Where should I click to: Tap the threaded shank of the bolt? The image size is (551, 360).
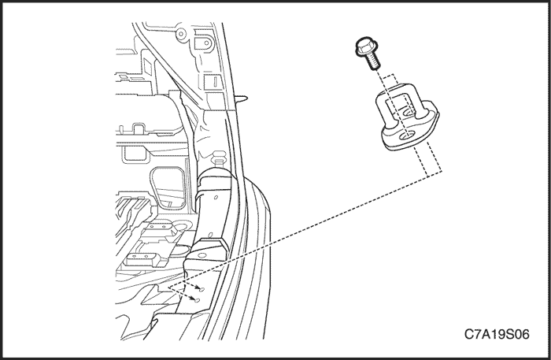[374, 62]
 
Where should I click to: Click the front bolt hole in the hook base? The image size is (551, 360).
[407, 136]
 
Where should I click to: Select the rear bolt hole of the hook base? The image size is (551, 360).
[408, 112]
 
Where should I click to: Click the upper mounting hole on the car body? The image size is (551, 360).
[202, 289]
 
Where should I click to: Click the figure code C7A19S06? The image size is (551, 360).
[497, 334]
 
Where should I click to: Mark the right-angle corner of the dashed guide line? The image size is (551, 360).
[442, 171]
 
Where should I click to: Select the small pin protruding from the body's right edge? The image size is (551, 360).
[242, 97]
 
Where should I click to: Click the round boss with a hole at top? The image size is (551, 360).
[181, 34]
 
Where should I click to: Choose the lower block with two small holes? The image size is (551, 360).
[143, 258]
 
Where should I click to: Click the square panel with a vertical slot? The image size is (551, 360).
[213, 83]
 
